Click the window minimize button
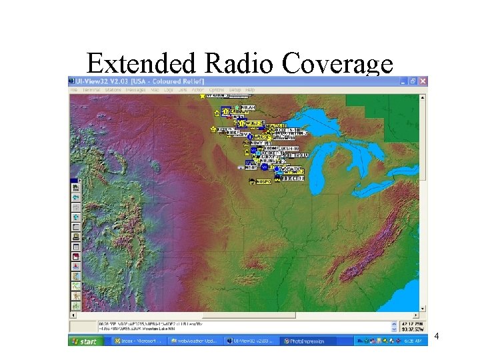pyautogui.click(x=403, y=81)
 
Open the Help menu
pyautogui.click(x=250, y=89)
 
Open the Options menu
pyautogui.click(x=217, y=89)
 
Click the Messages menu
pyautogui.click(x=135, y=89)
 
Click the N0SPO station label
pyautogui.click(x=265, y=181)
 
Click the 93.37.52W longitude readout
pyautogui.click(x=407, y=329)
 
